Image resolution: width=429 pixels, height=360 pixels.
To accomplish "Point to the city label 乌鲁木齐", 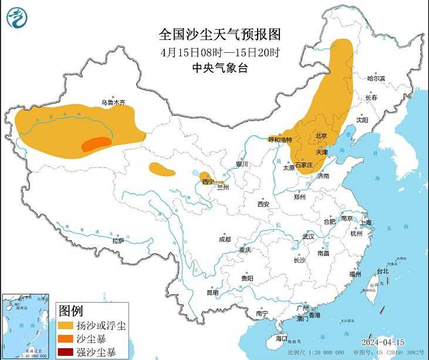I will tap(113, 102).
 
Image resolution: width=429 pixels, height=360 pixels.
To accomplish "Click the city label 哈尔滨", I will tap(376, 78).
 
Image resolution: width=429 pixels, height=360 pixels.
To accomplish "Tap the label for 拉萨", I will tap(118, 240).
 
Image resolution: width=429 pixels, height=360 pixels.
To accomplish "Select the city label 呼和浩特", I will tap(280, 140).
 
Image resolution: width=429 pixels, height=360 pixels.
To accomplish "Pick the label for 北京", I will tap(321, 136).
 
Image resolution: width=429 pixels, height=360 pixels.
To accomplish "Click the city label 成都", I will tap(225, 239).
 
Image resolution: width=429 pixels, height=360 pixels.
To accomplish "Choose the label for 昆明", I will tap(212, 292).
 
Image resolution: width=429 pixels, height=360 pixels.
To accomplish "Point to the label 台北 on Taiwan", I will tap(382, 271).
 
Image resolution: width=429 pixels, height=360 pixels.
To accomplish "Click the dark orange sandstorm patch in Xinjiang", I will tap(96, 144).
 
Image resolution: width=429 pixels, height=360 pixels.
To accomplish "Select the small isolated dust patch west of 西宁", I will tap(162, 170).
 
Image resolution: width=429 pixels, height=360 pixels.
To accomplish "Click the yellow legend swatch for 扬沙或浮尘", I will tap(66, 325).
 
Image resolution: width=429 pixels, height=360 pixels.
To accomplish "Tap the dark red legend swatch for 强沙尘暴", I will tap(66, 353).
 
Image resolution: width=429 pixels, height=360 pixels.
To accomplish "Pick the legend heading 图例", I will tap(70, 310).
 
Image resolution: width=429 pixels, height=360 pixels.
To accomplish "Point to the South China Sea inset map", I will tap(27, 327).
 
